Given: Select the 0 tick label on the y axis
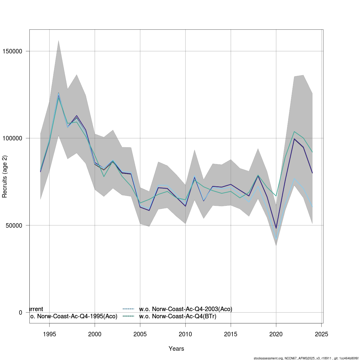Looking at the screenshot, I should click(20, 313).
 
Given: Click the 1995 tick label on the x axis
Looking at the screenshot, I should click(49, 334).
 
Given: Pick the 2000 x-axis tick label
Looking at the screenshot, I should click(95, 334).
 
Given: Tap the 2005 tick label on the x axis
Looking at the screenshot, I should click(140, 334).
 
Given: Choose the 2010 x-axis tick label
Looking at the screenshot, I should click(185, 334).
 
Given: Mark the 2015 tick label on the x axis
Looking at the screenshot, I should click(231, 334).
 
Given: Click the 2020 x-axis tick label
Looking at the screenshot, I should click(276, 334).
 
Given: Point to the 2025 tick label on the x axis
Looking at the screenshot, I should click(321, 334).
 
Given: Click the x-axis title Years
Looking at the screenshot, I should click(176, 349).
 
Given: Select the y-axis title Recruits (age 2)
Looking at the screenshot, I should click(4, 176).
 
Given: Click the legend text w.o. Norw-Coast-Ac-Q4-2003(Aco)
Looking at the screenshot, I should click(186, 309).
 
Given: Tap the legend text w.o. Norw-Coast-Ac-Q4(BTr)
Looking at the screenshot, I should click(178, 316).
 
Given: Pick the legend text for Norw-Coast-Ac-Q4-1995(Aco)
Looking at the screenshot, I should click(73, 316).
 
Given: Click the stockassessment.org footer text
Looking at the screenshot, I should click(306, 358).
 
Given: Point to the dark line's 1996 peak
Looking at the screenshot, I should click(58, 94).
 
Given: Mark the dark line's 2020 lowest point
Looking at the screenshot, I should click(276, 228).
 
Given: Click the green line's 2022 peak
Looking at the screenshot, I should click(294, 131).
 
